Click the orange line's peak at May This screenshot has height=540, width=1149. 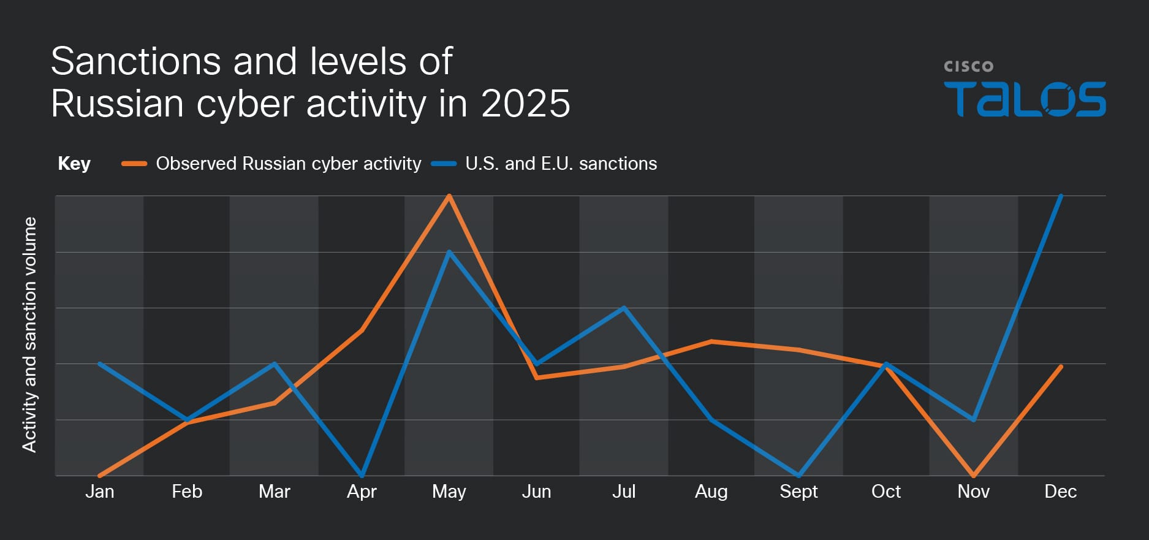tap(449, 197)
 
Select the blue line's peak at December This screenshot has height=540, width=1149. tap(1060, 197)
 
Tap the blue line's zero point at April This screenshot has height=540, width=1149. tap(362, 474)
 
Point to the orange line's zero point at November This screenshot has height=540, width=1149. tap(973, 474)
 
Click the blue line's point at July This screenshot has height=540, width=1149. tap(624, 308)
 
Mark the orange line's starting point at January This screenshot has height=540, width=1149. tap(100, 475)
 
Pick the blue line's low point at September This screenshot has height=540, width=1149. tap(798, 474)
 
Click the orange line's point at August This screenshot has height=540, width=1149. tap(711, 341)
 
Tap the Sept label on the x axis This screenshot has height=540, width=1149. tap(798, 492)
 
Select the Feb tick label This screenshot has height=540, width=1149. tap(187, 492)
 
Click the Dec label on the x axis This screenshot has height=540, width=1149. tap(1060, 492)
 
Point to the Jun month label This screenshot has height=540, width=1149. tap(536, 492)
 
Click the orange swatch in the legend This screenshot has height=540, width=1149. tap(134, 164)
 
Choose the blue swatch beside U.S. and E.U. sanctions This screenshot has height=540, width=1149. tap(444, 164)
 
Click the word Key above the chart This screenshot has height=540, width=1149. tap(74, 164)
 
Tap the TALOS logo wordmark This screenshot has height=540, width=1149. tap(1025, 99)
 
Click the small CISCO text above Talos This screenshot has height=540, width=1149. tap(968, 66)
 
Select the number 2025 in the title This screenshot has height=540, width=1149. tap(525, 103)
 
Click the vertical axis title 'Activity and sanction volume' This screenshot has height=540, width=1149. tap(29, 335)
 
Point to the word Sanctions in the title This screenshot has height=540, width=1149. tap(135, 61)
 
